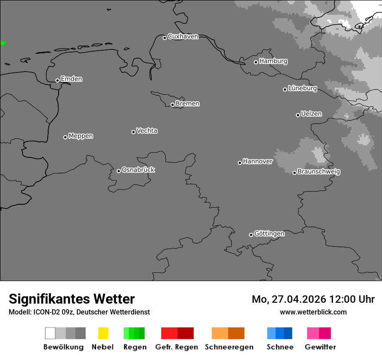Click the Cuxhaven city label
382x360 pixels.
coord(183,36)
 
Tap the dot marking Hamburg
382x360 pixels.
coord(256,62)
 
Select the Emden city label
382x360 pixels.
coord(71,79)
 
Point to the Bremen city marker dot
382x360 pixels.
coord(172,105)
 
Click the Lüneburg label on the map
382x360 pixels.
coord(302,88)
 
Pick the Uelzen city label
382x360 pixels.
coord(311,114)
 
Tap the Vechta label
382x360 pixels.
coord(147,131)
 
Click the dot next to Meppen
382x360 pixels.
coord(65,137)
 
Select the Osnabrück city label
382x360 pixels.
coord(138,170)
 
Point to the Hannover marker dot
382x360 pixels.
coord(240,163)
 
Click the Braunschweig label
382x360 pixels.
coord(319,171)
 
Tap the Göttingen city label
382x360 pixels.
coord(269,233)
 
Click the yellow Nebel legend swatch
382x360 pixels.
coord(103,333)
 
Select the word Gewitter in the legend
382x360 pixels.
coord(320,347)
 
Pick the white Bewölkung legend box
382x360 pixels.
coord(50,333)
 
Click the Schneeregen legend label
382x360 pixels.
coord(229,347)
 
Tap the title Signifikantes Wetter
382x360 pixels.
coord(72,299)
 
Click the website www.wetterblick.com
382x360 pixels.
coord(313,312)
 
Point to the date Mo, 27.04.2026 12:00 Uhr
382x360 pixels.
coord(313,299)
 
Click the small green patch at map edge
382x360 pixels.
coord(3,43)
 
